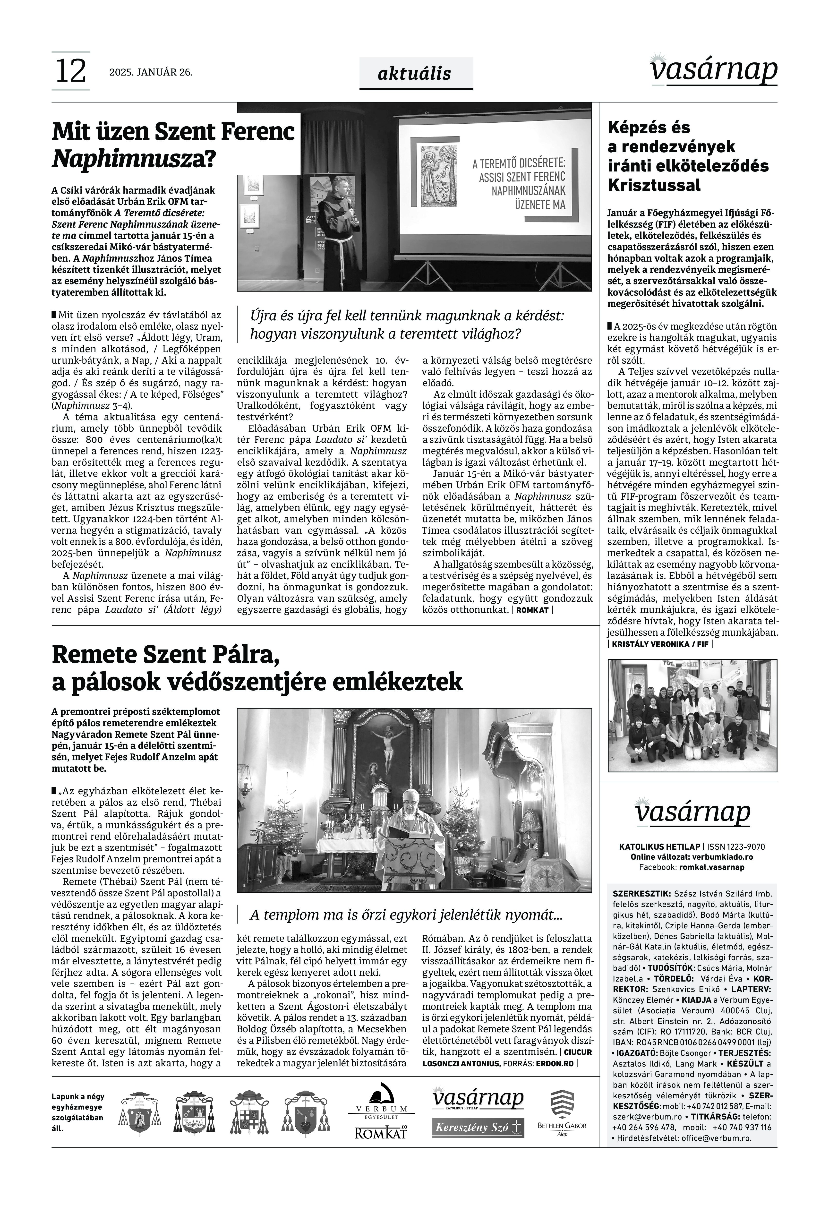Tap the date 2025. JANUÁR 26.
click(x=151, y=73)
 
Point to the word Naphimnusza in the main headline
click(x=128, y=159)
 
